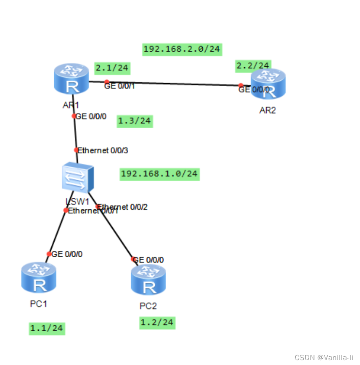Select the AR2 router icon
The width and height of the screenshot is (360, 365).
coord(268,84)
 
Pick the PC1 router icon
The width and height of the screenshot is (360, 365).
coord(38,278)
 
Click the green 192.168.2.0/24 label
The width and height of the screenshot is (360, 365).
coord(182,49)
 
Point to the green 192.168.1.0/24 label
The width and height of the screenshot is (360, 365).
coord(160,174)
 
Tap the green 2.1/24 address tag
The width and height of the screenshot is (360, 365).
coord(112,68)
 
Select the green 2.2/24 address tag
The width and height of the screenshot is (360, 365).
coord(253,65)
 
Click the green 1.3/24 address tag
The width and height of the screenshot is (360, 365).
coord(135,121)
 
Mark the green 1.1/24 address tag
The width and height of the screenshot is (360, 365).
coord(46,328)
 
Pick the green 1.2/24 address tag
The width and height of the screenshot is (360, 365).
coord(157,322)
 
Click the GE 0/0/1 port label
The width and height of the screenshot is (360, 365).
coord(120,86)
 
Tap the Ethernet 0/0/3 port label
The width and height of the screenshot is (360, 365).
coord(103,150)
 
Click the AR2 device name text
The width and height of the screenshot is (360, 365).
coord(268,110)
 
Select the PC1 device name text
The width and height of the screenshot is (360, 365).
coord(38,304)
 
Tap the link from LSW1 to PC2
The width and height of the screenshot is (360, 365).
coord(115,232)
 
